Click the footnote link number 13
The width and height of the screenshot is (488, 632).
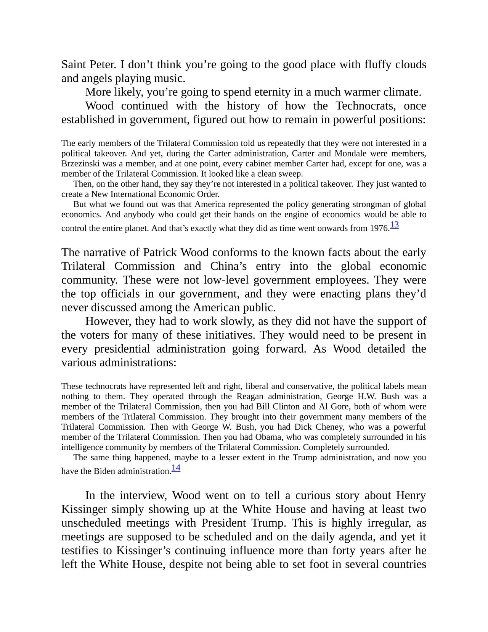(394, 225)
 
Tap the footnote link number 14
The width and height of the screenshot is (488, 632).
(176, 468)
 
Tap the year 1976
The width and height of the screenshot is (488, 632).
(379, 228)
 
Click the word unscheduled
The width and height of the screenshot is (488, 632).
(91, 523)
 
